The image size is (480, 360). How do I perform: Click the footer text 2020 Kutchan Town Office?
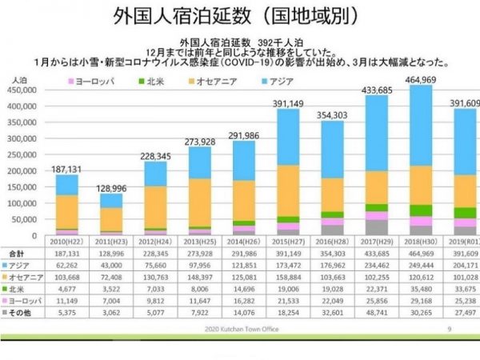point(241,329)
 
